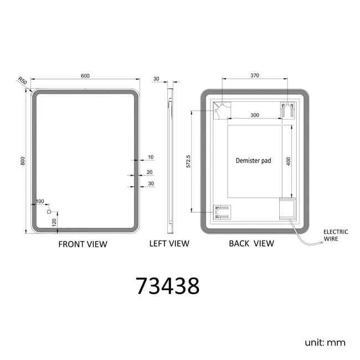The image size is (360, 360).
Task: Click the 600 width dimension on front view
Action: [x=85, y=76]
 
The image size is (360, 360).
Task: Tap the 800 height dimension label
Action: [x=23, y=161]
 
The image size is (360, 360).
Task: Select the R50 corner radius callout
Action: [x=23, y=81]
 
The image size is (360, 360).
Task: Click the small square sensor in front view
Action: [x=49, y=212]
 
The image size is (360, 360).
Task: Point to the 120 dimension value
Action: [x=54, y=223]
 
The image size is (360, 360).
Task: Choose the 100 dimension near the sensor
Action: [x=40, y=202]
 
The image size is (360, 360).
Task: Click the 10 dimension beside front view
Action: [x=151, y=157]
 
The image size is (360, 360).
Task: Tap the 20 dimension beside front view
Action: [x=150, y=172]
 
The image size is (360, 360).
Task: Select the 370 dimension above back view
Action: [x=255, y=75]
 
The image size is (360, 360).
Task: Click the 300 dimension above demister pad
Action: [x=255, y=115]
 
